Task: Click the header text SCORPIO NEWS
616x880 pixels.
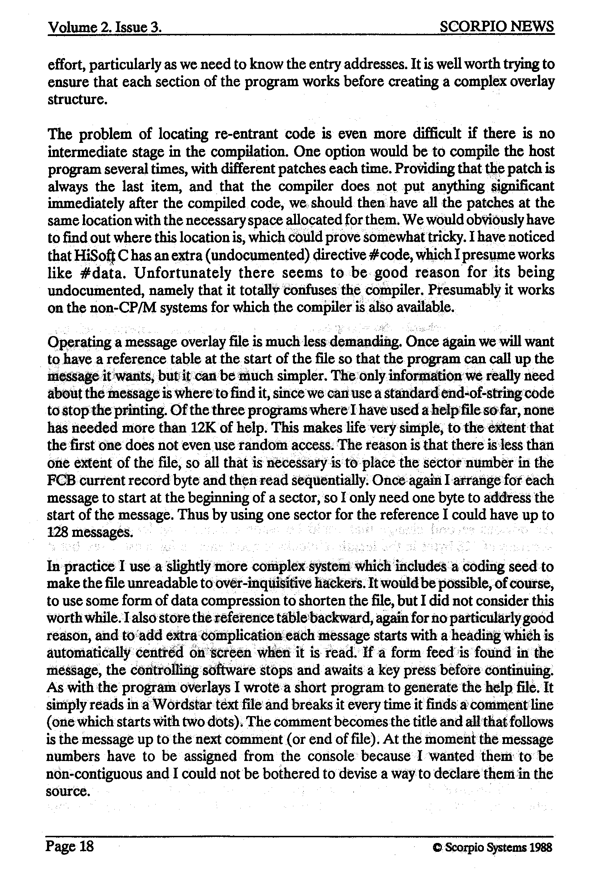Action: click(x=496, y=27)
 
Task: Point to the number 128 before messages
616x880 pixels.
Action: click(x=57, y=532)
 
